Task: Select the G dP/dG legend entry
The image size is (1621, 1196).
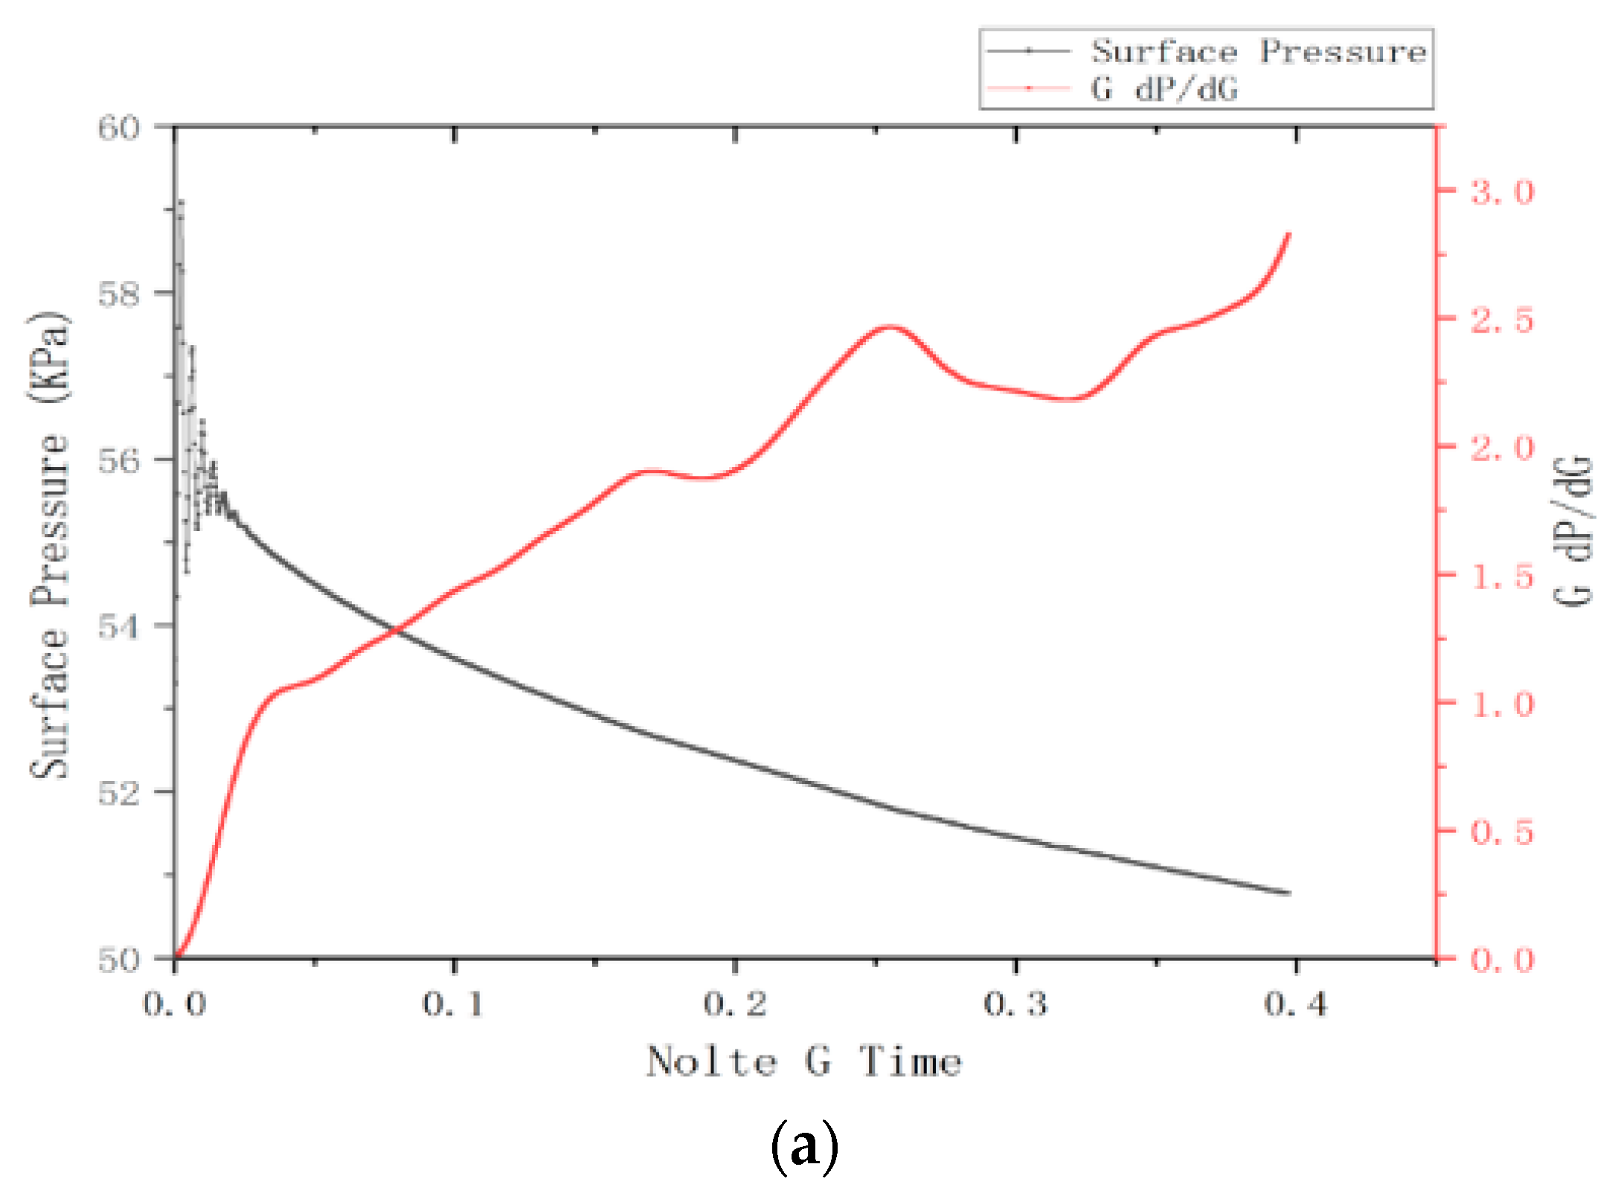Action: pos(1164,89)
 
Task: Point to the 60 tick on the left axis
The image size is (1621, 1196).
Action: pos(119,128)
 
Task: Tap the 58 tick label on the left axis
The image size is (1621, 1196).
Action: pos(119,295)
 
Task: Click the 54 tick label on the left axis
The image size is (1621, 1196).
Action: pos(119,627)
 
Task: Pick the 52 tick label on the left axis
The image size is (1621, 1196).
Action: pos(119,794)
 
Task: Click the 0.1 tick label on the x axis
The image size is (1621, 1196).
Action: pos(454,1005)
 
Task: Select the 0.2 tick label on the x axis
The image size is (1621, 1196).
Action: pos(735,1005)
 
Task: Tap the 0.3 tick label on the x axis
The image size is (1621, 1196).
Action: pos(1015,1005)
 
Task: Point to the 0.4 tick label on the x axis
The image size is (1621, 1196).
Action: pos(1296,1005)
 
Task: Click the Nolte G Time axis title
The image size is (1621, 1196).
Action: pos(803,1061)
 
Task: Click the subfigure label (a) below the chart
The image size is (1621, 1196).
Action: pos(804,1146)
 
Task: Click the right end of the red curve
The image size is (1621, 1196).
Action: pos(1288,234)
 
